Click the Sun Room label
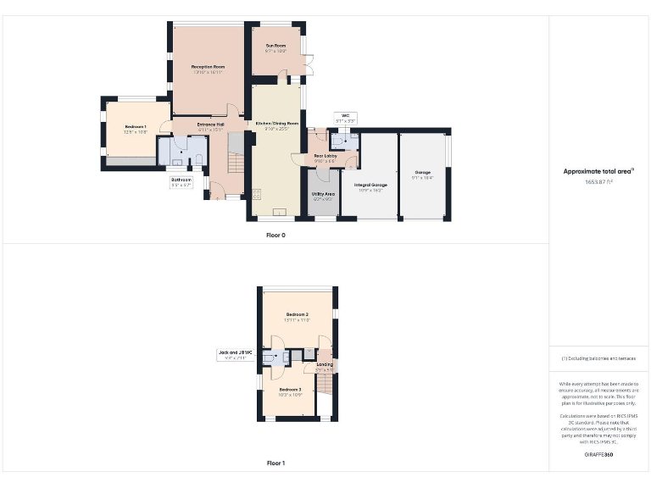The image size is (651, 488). coord(275,45)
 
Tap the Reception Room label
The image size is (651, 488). coord(208,66)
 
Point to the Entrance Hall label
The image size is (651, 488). coord(210,125)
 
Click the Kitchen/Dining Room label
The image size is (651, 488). coord(277,124)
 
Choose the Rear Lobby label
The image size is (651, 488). coord(325,156)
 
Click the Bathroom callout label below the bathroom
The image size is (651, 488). coord(181,180)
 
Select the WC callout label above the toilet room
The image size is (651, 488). coord(345,115)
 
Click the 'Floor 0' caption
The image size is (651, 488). coord(275,235)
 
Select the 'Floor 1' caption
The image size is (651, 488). coord(275,463)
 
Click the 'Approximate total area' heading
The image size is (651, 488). coord(599,171)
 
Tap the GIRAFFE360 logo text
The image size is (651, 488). coord(599,455)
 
